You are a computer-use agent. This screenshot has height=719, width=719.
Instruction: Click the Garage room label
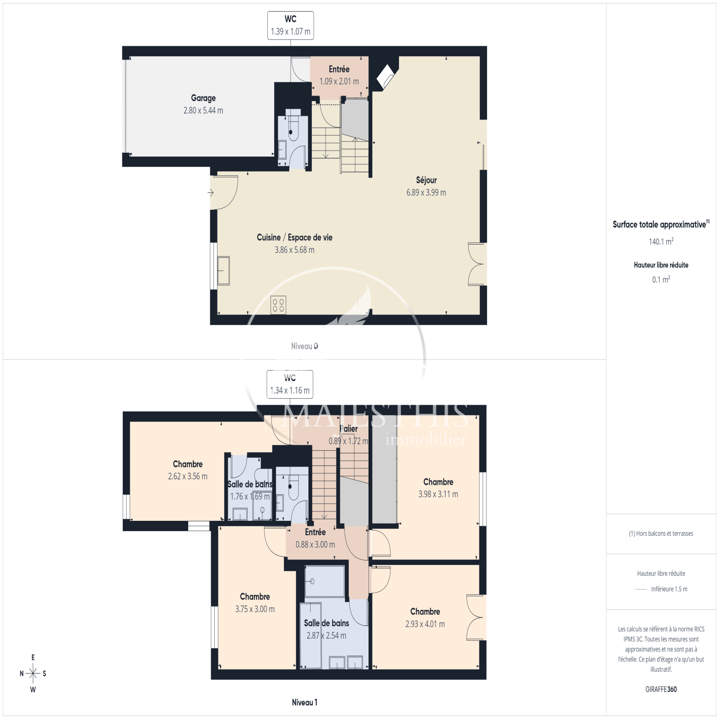point(203,98)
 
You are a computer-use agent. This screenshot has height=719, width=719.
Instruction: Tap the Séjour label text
point(426,180)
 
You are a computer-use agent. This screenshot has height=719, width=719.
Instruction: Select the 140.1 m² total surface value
point(661,241)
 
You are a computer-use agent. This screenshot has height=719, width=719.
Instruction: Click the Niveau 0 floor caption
point(304,346)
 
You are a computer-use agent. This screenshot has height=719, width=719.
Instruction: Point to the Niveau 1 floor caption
point(304,702)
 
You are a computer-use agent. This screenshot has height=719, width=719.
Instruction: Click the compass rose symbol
point(33,673)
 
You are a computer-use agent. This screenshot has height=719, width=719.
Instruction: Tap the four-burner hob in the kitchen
point(278,305)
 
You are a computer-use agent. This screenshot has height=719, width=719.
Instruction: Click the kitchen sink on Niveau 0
point(223,271)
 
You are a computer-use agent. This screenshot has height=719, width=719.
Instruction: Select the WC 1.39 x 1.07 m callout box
point(290,26)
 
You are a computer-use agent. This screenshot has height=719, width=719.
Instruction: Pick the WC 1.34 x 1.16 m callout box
point(290,384)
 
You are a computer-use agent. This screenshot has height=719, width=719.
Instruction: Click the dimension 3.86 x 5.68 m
point(294,250)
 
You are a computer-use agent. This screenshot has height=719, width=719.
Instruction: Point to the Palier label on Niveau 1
point(349,429)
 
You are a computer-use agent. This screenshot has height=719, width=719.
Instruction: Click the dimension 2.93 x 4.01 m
point(425,624)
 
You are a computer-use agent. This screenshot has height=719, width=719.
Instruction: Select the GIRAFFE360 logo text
point(661,689)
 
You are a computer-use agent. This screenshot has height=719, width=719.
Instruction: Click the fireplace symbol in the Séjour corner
point(386,76)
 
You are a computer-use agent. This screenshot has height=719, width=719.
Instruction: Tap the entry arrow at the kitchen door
point(210,193)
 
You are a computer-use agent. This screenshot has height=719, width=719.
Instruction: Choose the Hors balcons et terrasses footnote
point(661,533)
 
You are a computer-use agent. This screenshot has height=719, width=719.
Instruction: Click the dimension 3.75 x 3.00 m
point(255,609)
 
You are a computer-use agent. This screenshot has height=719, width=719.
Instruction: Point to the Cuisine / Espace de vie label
point(294,237)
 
